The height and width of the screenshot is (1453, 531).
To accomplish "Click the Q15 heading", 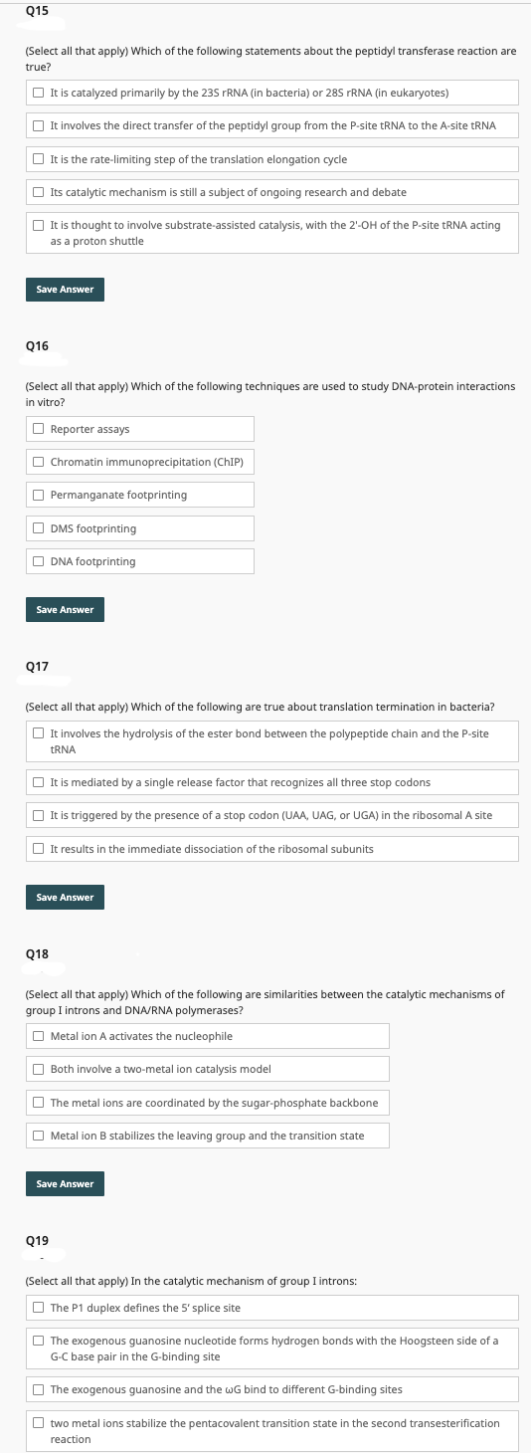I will (x=37, y=11).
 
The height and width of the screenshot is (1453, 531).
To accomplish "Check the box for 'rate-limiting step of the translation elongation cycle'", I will (x=38, y=159).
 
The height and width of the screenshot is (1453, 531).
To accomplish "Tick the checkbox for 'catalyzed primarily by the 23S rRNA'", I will (x=38, y=93).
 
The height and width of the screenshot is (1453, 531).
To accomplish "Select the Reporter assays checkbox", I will (x=38, y=429).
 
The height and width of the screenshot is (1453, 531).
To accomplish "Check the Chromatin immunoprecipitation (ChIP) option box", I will (x=38, y=462).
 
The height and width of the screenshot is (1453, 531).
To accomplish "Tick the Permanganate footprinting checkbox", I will (x=38, y=495).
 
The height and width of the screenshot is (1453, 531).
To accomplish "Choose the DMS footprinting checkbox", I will (x=38, y=528).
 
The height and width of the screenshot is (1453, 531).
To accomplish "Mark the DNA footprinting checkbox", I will (x=38, y=561).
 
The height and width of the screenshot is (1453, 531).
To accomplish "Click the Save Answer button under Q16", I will (x=65, y=609).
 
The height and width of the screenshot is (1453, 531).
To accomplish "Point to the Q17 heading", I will (x=37, y=666).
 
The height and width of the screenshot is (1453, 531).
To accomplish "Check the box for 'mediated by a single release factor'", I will (x=38, y=782).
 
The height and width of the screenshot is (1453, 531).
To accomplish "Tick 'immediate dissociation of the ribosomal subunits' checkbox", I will (x=38, y=849).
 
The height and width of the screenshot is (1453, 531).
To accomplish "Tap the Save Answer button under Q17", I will (x=65, y=897).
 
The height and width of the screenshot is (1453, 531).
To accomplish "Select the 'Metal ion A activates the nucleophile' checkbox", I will (x=38, y=1036).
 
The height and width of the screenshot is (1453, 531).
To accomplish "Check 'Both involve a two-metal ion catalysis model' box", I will (x=38, y=1069).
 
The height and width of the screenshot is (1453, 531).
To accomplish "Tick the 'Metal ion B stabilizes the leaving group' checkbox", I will (x=38, y=1136).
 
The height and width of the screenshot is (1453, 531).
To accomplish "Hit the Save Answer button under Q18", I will (x=65, y=1183).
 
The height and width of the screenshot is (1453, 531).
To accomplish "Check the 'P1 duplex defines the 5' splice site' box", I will (x=38, y=1308).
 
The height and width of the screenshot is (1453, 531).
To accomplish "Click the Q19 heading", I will (x=37, y=1240).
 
